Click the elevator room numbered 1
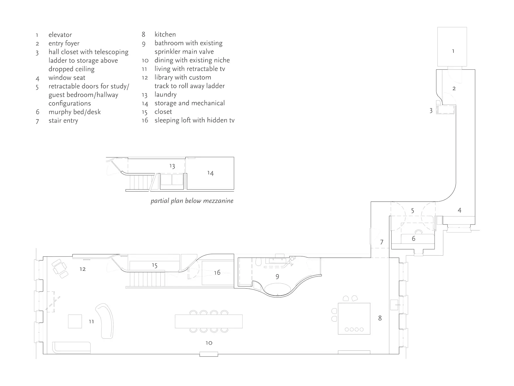pos(452,47)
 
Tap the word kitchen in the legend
pos(165,35)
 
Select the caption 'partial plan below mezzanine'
pos(192,201)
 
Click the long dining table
pos(209,321)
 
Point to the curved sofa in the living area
pos(106,320)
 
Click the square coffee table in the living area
pos(75,321)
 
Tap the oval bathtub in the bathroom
pos(278,289)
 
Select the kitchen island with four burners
pos(354,318)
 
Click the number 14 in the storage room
pos(210,173)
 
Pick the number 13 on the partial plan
pos(172,166)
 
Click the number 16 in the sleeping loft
pos(217,273)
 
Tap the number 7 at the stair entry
pos(382,242)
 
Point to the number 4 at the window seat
pos(459,210)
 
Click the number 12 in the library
pos(83,269)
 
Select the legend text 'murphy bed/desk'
pos(74,112)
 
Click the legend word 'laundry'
pos(165,95)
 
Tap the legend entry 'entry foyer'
pos(64,43)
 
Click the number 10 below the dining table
pos(209,343)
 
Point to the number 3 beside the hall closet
pos(431,111)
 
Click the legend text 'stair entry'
pos(63,121)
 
